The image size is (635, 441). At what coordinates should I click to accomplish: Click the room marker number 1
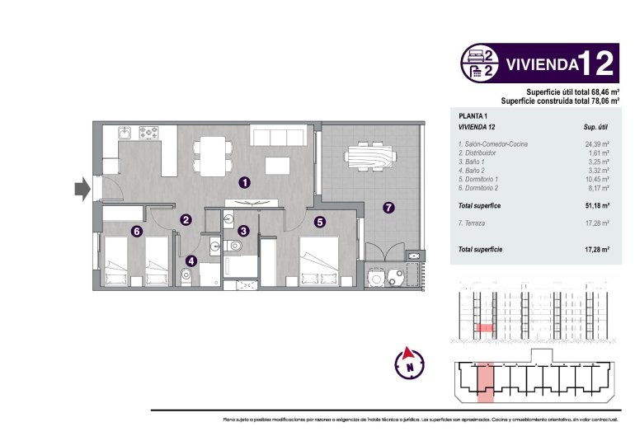click(x=244, y=182)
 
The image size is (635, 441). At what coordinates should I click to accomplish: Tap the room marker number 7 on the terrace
click(x=389, y=208)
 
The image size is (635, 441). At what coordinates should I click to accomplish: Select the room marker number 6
click(x=138, y=232)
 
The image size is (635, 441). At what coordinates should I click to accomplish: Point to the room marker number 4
click(x=191, y=261)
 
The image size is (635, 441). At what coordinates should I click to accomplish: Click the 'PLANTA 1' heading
click(x=473, y=116)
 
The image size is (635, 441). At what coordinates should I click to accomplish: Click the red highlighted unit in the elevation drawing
click(x=486, y=327)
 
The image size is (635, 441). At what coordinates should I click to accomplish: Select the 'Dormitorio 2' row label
click(x=480, y=188)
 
